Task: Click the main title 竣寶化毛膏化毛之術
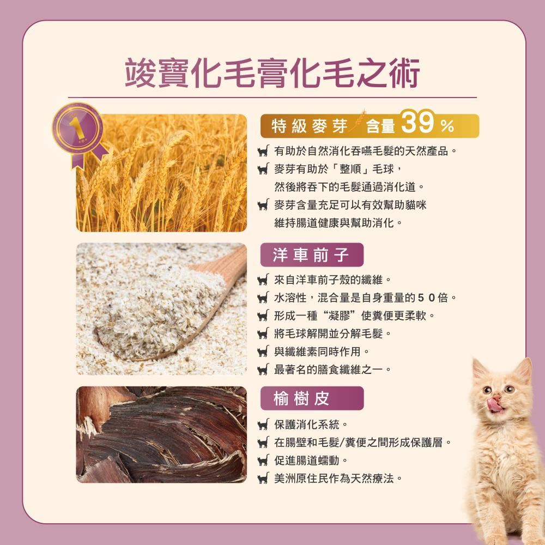click(272, 73)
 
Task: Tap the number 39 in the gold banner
click(417, 123)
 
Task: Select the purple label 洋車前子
click(312, 255)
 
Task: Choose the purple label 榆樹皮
click(312, 398)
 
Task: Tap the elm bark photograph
click(161, 434)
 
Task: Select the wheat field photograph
click(161, 173)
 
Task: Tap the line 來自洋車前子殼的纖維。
click(333, 280)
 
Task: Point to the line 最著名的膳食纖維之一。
click(333, 370)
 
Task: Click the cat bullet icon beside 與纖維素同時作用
click(263, 352)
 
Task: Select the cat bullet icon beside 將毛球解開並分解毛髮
click(263, 334)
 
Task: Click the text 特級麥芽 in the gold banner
click(310, 126)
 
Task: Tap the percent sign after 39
click(447, 126)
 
